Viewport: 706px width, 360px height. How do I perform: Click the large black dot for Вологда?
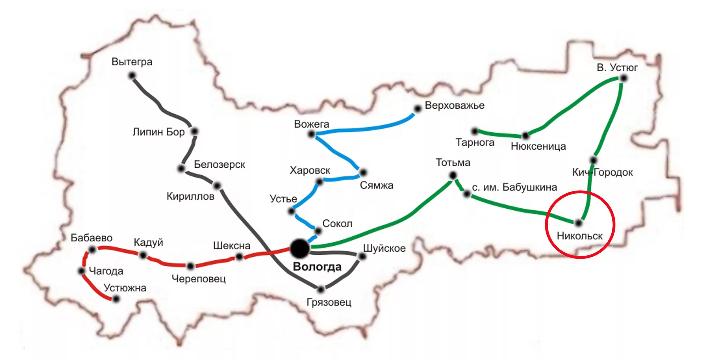pos(300,248)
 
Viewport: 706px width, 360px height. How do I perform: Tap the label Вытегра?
pos(132,62)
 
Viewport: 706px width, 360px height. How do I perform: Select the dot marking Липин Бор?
pos(194,131)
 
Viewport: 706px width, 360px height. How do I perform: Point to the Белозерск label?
pos(219,165)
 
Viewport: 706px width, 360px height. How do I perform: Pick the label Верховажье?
pos(454,105)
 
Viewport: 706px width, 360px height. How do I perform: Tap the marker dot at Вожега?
pos(311,134)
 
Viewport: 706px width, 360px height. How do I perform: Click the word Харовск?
pos(310,170)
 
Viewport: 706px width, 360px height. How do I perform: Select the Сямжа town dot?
pos(363,172)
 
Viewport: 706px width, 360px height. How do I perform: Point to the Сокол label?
pos(337,224)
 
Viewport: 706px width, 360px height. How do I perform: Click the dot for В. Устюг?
pos(623,78)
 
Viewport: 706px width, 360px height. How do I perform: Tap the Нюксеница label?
pos(538,146)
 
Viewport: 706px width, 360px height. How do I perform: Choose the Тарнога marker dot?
pos(475,131)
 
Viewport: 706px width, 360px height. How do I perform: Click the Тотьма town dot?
pos(453,175)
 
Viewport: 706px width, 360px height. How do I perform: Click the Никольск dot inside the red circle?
pos(578,223)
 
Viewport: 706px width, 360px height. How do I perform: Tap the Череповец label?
pos(198,279)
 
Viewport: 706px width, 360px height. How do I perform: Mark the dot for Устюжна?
pos(116,299)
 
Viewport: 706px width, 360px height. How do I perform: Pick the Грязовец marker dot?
pos(321,289)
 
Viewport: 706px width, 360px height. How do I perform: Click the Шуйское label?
pos(384,248)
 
